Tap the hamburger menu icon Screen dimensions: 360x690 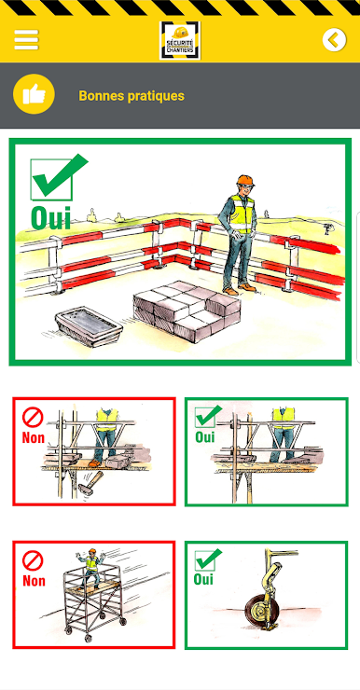(26, 39)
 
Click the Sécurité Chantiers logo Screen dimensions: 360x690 (180, 40)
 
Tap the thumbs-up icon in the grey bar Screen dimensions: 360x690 (34, 94)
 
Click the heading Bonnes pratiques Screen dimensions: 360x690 (132, 95)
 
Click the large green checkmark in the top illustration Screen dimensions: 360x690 (58, 176)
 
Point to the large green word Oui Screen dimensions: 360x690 (50, 217)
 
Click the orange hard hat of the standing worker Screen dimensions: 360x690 (245, 180)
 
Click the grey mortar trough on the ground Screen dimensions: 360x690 (89, 326)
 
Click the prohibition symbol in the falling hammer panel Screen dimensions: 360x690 (33, 418)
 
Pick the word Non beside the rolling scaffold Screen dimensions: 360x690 (34, 581)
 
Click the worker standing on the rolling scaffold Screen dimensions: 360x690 (91, 567)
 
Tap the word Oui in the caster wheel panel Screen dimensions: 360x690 (203, 579)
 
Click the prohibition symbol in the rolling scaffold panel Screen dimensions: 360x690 (33, 561)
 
